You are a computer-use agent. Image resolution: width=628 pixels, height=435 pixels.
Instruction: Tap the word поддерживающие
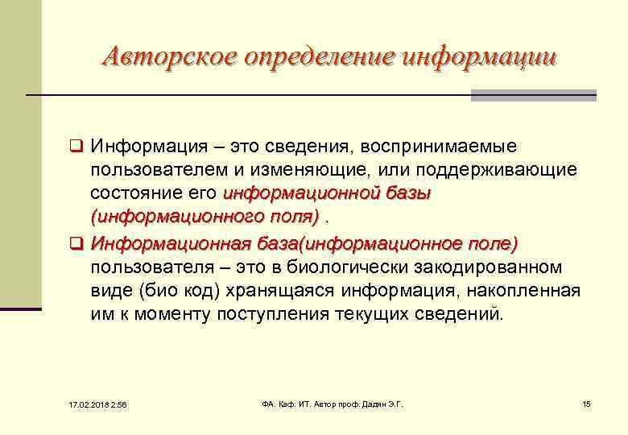tap(506, 171)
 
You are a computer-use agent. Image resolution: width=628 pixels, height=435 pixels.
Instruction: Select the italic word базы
tap(408, 194)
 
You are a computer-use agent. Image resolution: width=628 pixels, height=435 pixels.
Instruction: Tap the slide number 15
tap(586, 403)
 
